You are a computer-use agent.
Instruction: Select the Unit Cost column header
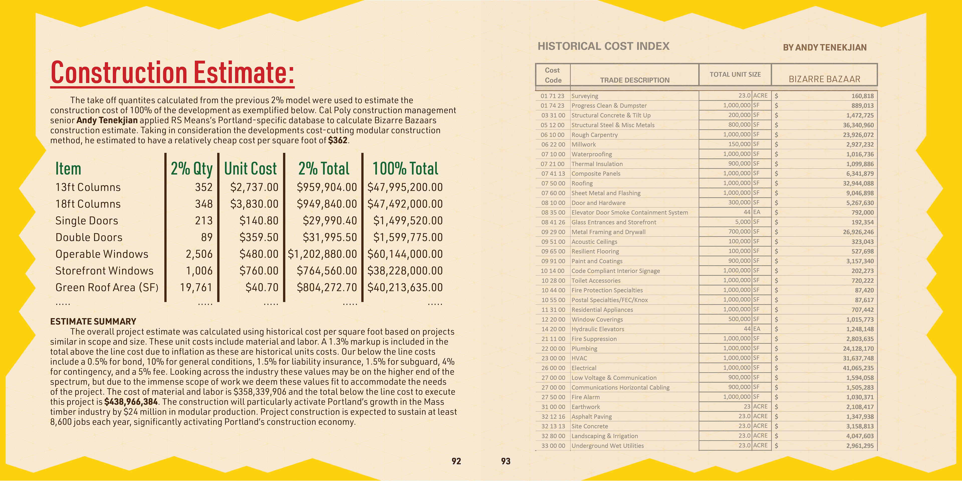point(250,169)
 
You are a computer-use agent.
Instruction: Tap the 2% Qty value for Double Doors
point(206,237)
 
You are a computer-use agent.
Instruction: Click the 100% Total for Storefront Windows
point(405,271)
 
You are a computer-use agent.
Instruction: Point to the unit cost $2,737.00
point(254,187)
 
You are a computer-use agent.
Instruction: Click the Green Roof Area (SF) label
point(107,288)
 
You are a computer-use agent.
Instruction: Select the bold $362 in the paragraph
point(338,140)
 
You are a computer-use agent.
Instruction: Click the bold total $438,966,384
point(131,402)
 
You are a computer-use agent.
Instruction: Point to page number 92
point(456,461)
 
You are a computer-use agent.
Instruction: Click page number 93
point(506,461)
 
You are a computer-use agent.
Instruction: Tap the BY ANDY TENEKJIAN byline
point(824,47)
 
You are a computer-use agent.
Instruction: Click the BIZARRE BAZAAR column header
point(824,79)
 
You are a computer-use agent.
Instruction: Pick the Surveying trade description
point(584,96)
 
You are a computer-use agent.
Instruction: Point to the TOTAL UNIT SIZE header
point(735,75)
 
